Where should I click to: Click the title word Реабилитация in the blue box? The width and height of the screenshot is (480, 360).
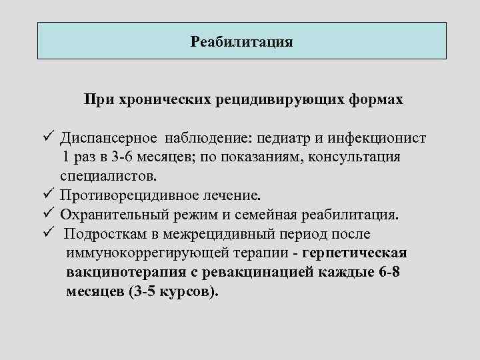[241, 42]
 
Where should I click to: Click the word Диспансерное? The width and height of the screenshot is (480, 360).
[108, 138]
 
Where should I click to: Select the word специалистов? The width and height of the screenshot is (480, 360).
[109, 177]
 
